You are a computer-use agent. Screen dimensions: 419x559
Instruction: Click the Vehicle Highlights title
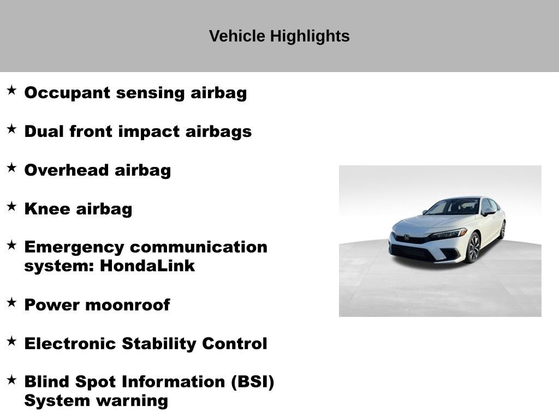(x=279, y=37)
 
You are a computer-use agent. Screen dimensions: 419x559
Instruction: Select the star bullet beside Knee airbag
(x=11, y=206)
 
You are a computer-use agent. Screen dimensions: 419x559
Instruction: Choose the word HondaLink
(x=147, y=267)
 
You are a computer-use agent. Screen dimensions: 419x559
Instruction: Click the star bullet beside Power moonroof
(x=11, y=302)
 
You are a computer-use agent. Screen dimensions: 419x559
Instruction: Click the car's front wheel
(x=472, y=247)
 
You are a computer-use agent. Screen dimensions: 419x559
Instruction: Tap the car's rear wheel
(x=502, y=230)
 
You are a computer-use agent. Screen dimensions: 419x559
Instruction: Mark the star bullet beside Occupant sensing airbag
(x=11, y=90)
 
